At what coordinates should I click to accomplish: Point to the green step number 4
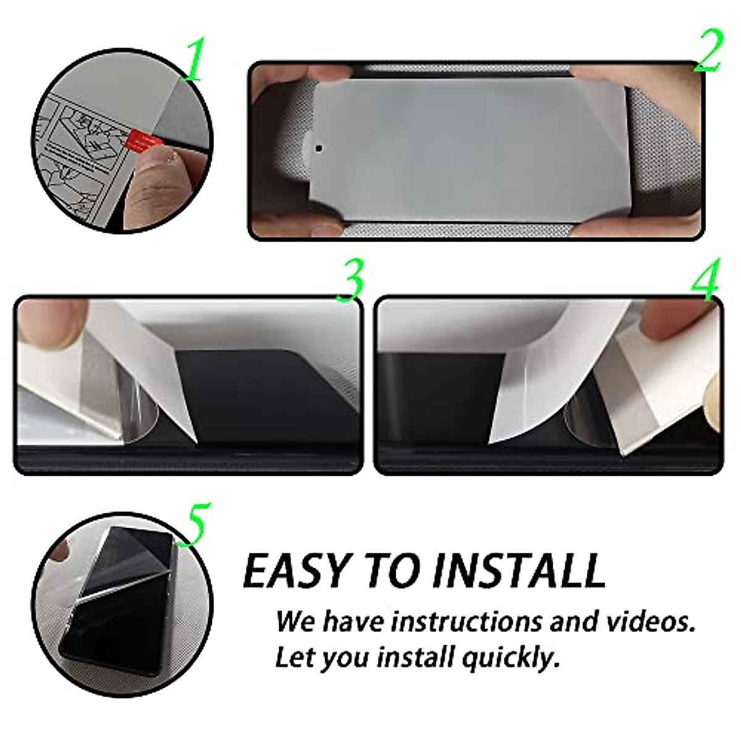(x=705, y=282)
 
